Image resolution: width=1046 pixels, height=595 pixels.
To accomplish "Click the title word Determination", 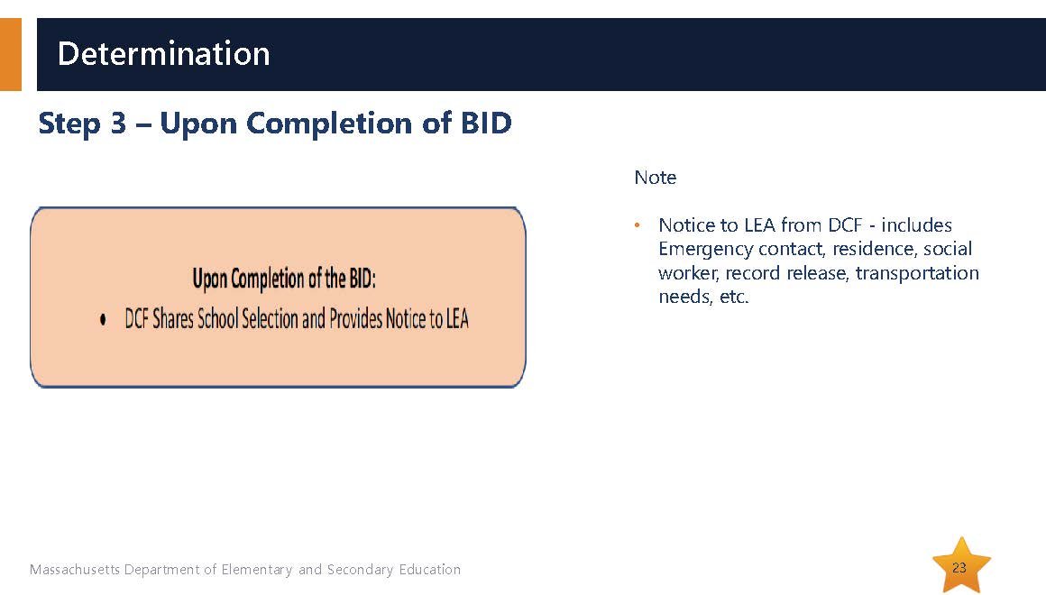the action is point(163,53).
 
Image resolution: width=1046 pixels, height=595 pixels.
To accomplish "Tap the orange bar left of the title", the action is point(11,54).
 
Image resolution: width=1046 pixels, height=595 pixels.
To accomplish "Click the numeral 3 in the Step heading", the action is point(118,124).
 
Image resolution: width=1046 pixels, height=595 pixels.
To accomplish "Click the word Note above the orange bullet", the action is point(655,178).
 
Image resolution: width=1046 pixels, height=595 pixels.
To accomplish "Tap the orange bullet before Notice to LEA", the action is point(638,225).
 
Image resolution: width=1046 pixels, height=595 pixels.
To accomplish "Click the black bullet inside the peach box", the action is point(103,320).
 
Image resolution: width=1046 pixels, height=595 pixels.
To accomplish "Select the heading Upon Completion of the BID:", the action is point(284,279).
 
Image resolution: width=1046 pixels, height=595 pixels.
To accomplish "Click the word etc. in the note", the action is point(734,297).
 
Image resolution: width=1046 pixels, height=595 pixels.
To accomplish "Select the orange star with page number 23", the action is point(960,565).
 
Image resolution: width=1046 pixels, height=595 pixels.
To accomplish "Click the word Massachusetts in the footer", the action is point(75,570).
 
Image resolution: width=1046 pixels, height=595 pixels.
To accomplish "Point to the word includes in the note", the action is point(916,225).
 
